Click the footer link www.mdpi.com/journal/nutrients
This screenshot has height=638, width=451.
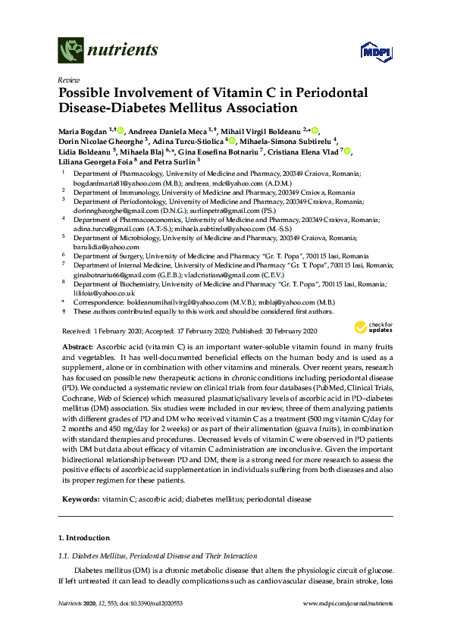click(x=347, y=603)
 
